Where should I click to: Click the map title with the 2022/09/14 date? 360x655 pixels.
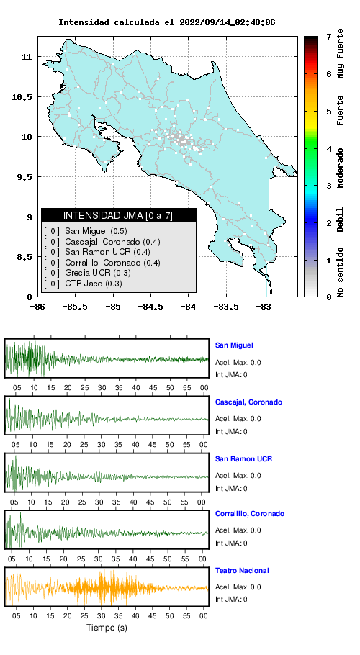(x=166, y=22)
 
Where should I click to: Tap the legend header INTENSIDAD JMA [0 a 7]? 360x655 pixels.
(x=118, y=215)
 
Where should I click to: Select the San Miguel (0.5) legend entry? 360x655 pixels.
(x=96, y=231)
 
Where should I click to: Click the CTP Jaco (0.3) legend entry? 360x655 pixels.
(x=94, y=284)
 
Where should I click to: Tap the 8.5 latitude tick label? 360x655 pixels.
(x=26, y=257)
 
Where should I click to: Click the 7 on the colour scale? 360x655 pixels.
(x=329, y=37)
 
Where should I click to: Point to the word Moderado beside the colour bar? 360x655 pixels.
(x=341, y=168)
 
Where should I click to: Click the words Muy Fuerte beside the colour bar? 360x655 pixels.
(x=341, y=53)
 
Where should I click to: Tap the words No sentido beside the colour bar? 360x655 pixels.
(x=341, y=272)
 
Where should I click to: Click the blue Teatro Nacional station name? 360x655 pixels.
(x=242, y=570)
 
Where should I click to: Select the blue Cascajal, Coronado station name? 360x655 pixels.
(x=248, y=402)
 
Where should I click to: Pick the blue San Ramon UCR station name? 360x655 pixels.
(x=243, y=458)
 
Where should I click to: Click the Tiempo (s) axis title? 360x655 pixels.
(x=107, y=628)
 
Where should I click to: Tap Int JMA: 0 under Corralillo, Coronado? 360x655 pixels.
(x=231, y=543)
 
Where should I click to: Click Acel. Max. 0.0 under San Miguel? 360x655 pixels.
(x=238, y=362)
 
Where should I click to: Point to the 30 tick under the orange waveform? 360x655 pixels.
(x=101, y=615)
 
